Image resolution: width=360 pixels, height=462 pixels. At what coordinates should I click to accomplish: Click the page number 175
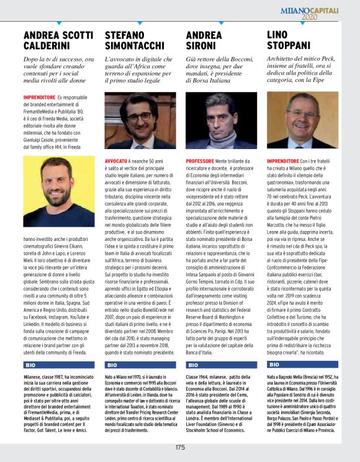coord(180,447)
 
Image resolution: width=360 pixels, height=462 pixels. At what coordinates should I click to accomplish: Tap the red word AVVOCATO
coord(116,160)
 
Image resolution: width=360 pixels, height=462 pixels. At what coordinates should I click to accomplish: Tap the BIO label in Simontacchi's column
coord(112,365)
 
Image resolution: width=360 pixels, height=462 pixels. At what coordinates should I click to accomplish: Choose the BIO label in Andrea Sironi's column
coord(194,365)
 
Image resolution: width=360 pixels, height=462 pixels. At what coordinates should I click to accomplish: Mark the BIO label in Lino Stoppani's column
coord(274,365)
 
